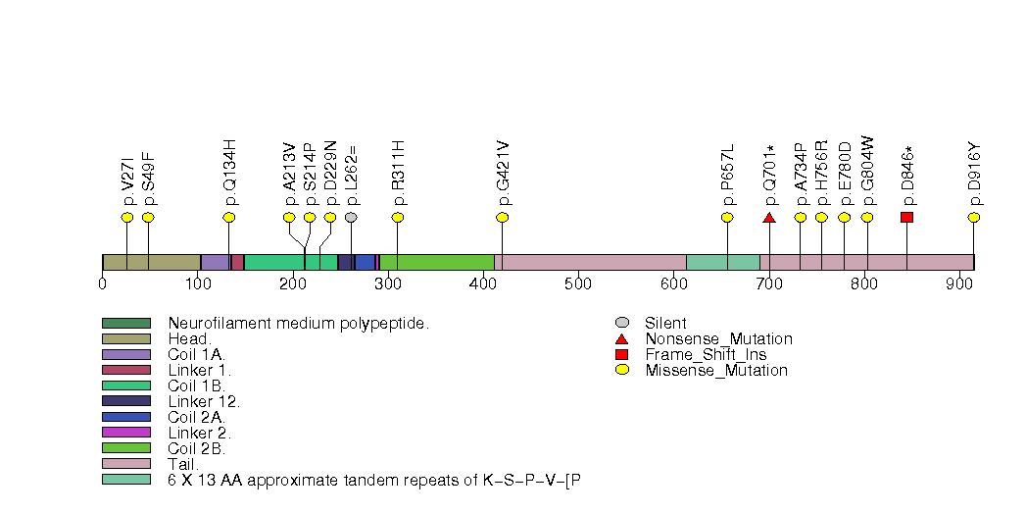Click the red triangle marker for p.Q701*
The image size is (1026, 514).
768,217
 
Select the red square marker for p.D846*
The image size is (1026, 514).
906,217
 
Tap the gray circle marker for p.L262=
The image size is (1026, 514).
351,217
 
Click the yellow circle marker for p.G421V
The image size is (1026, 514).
502,217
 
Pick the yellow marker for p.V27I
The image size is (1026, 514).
126,217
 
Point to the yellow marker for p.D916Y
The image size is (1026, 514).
974,217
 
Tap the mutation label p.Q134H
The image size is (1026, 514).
229,171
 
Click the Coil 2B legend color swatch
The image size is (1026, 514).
125,447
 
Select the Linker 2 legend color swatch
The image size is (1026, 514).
125,432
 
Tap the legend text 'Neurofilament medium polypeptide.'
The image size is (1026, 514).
299,323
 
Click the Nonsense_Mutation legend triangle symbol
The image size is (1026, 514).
621,338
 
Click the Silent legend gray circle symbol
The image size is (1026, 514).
621,323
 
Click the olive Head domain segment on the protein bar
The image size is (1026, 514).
151,262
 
